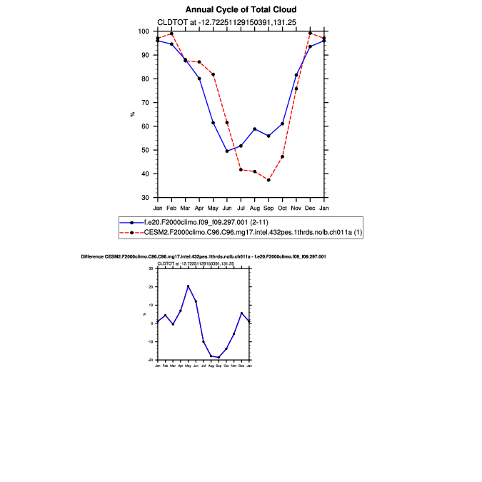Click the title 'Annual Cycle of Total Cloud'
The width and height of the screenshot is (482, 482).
[x=241, y=10]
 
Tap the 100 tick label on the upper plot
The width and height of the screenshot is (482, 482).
[x=144, y=31]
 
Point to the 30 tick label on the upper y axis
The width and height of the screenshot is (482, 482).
[x=146, y=198]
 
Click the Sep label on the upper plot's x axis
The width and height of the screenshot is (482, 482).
[x=268, y=207]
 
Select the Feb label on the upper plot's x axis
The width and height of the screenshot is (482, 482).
[x=171, y=207]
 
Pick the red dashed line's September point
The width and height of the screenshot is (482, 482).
[x=268, y=180]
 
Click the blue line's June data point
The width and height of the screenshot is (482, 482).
[x=227, y=151]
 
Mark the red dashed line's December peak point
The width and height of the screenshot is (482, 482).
[x=310, y=33]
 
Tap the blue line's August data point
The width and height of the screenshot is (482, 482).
[x=255, y=129]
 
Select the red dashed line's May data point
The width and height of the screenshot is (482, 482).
[x=213, y=75]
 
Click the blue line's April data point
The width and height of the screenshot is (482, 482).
[x=199, y=79]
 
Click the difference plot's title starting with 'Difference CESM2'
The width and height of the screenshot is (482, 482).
[x=204, y=256]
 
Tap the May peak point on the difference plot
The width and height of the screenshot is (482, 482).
[x=188, y=286]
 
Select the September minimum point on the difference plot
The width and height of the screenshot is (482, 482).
[x=219, y=357]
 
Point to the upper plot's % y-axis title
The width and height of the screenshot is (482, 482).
[x=132, y=114]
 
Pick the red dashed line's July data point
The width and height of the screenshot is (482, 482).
[x=241, y=170]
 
